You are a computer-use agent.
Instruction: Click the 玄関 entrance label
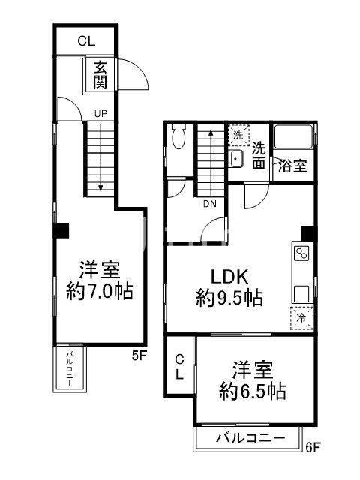pyautogui.click(x=100, y=74)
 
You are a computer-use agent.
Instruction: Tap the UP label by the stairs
pyautogui.click(x=100, y=115)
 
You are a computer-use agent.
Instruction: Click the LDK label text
pyautogui.click(x=229, y=274)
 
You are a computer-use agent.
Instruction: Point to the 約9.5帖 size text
pyautogui.click(x=229, y=297)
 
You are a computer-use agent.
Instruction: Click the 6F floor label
pyautogui.click(x=313, y=448)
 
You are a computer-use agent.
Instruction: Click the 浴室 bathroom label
pyautogui.click(x=292, y=166)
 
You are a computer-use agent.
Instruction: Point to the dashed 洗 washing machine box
pyautogui.click(x=237, y=136)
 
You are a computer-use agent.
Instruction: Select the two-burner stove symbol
pyautogui.click(x=301, y=253)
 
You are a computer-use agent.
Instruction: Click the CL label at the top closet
pyautogui.click(x=87, y=40)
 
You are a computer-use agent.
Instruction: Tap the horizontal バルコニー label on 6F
pyautogui.click(x=250, y=436)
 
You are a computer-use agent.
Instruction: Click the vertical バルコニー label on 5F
pyautogui.click(x=69, y=368)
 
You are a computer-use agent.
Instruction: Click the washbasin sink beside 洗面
pyautogui.click(x=236, y=158)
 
